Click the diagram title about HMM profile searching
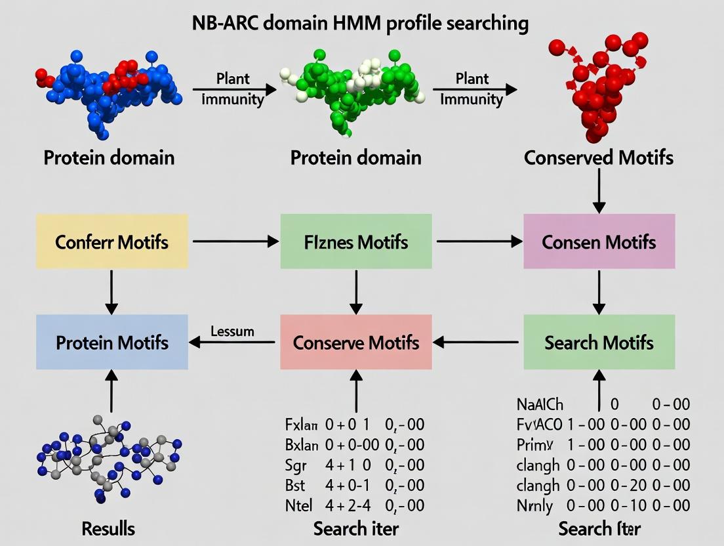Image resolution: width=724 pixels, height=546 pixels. (x=360, y=24)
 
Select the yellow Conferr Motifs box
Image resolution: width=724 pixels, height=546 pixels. (x=112, y=241)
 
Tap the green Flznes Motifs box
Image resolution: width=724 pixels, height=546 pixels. (x=356, y=241)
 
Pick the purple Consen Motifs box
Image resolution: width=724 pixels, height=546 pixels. (x=599, y=241)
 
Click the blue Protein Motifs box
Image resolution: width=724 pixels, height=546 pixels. (x=112, y=342)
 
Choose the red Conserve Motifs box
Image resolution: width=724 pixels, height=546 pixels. (x=356, y=342)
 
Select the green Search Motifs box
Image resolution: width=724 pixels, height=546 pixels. (x=599, y=342)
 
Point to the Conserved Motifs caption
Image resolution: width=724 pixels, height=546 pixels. (x=599, y=157)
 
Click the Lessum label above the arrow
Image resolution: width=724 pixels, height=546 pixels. (x=232, y=331)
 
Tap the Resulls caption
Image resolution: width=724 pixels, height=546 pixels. (x=109, y=528)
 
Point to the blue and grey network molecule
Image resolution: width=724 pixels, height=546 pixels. (x=108, y=456)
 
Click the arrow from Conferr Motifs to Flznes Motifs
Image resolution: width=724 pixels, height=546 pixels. (x=234, y=241)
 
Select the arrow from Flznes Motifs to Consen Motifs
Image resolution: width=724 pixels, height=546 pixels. (x=477, y=241)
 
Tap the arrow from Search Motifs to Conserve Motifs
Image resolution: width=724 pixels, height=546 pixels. (x=477, y=342)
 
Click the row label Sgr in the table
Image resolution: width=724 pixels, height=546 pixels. (x=297, y=465)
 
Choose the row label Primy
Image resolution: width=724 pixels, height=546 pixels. (x=535, y=445)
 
